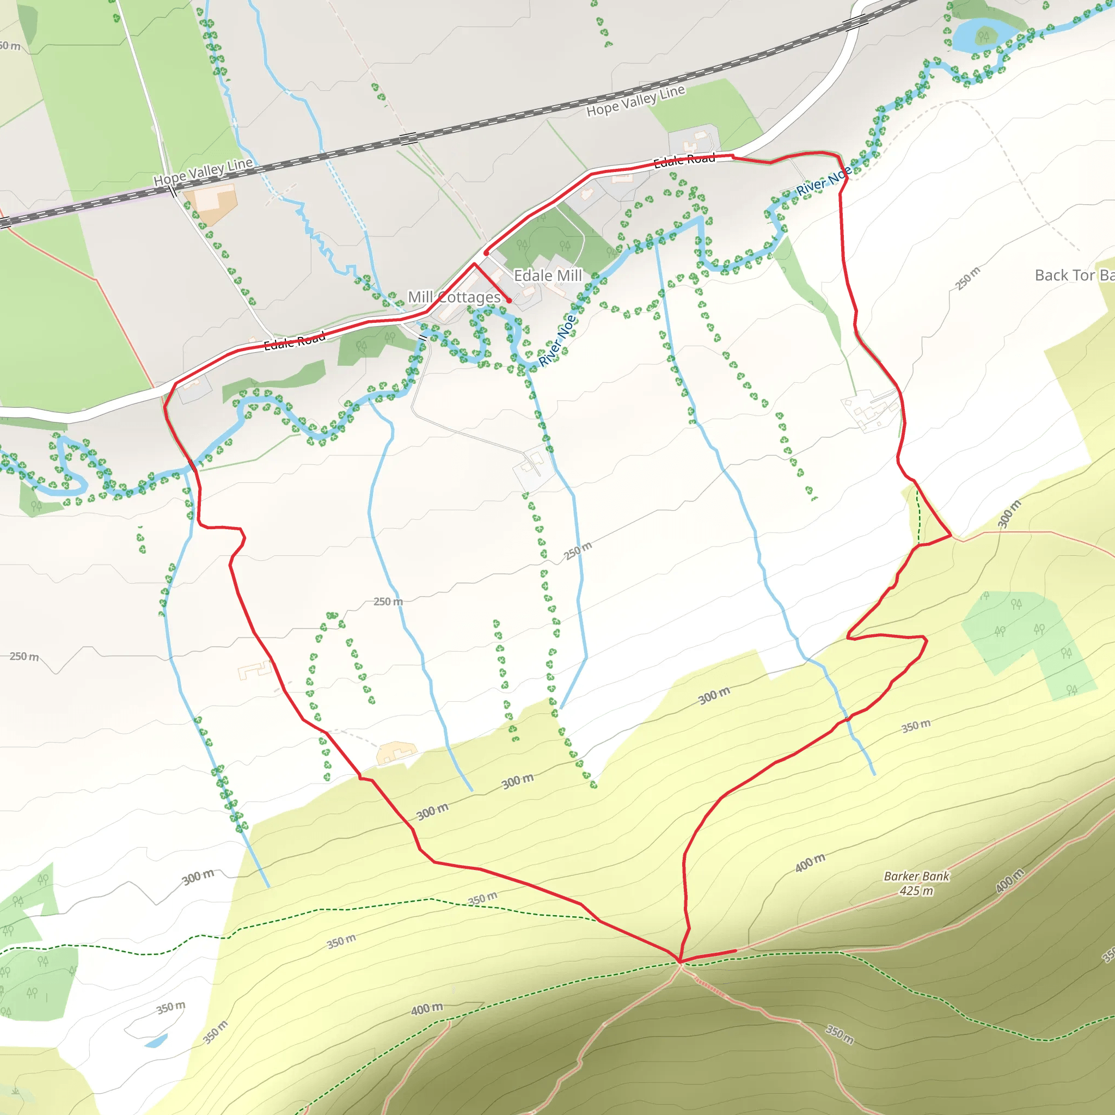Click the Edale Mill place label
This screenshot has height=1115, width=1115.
(548, 276)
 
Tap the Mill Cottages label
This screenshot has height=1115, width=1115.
(454, 297)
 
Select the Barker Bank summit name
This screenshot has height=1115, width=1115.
(916, 876)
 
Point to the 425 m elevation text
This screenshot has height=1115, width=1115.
(916, 891)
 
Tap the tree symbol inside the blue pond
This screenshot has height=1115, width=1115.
(984, 36)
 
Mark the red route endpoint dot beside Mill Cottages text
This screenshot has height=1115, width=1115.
(509, 301)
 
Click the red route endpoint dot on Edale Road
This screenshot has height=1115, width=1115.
(487, 253)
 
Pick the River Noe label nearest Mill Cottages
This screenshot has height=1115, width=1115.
(557, 340)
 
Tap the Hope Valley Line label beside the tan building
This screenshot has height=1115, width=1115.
(203, 171)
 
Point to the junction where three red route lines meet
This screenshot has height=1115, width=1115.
(680, 961)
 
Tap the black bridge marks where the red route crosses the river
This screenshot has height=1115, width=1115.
(192, 463)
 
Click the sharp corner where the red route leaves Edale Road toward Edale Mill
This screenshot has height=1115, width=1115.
(474, 264)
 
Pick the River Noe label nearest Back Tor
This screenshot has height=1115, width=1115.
(824, 181)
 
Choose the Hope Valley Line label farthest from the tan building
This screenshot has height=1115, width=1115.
(635, 100)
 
